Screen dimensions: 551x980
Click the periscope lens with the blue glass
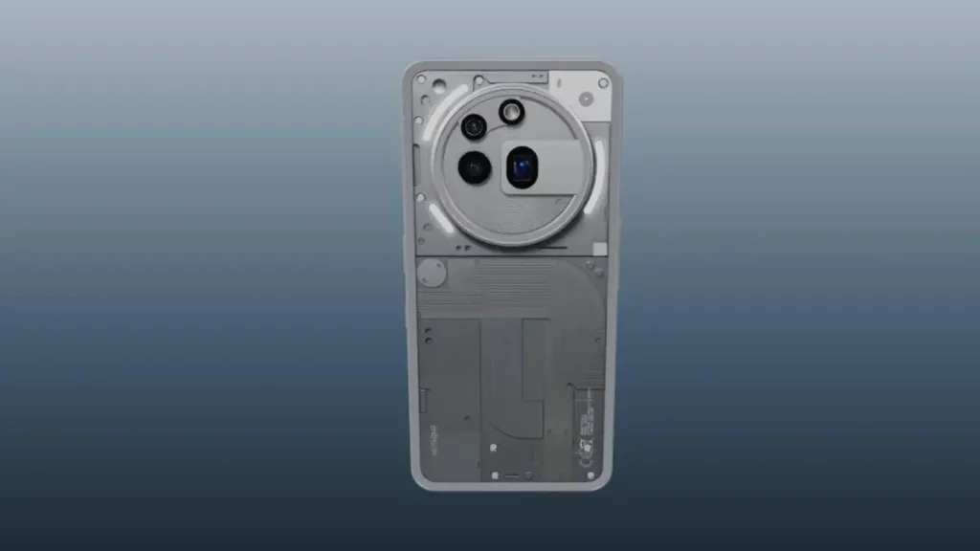coord(521,168)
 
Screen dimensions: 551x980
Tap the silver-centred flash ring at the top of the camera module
coord(510,113)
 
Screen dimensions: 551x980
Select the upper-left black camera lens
coord(473,126)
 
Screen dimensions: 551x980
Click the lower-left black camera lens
coord(474,167)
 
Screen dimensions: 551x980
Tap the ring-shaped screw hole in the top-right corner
coord(603,83)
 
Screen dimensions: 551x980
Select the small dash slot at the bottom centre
coord(512,475)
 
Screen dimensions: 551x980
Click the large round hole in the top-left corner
coord(439,85)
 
